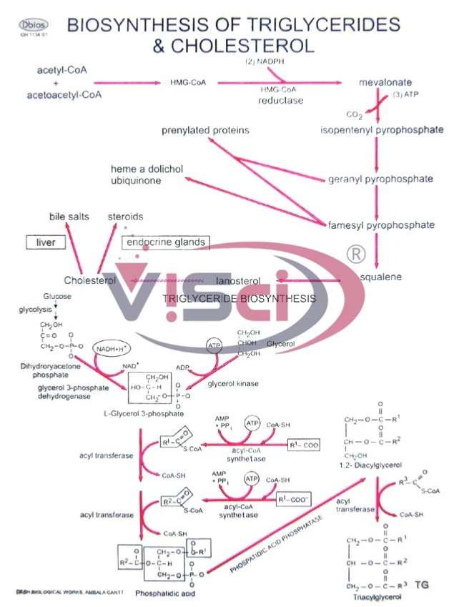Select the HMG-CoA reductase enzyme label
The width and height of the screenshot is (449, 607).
tap(280, 95)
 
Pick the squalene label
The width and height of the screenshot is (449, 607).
tap(380, 276)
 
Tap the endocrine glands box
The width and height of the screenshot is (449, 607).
tap(166, 242)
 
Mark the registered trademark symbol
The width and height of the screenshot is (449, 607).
tap(355, 254)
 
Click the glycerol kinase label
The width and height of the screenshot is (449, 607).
tap(233, 383)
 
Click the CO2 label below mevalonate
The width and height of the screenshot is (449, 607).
tap(355, 114)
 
